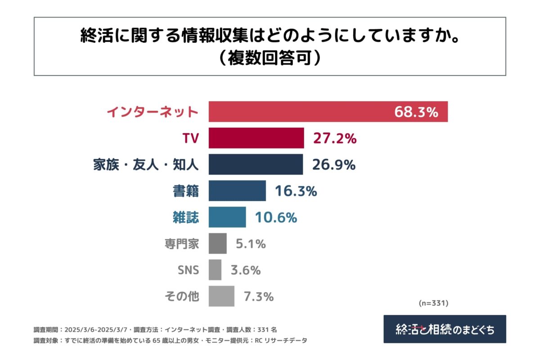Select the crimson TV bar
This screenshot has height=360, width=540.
(x=256, y=138)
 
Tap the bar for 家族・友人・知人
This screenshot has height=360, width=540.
(x=256, y=165)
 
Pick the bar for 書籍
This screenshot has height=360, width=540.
(x=237, y=191)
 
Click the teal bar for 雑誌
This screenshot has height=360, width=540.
(x=227, y=217)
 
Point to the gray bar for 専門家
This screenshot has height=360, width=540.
(x=218, y=244)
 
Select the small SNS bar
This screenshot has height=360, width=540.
(x=215, y=270)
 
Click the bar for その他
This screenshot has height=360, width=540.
(x=221, y=297)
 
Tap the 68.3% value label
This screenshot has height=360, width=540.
(x=416, y=112)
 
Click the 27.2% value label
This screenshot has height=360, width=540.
(x=335, y=139)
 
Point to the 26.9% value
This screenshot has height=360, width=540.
(x=334, y=165)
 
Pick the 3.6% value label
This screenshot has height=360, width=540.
(x=246, y=270)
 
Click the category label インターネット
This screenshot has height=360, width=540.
(x=153, y=112)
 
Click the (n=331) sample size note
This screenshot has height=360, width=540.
(x=434, y=304)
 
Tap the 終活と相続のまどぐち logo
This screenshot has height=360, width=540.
(x=445, y=329)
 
